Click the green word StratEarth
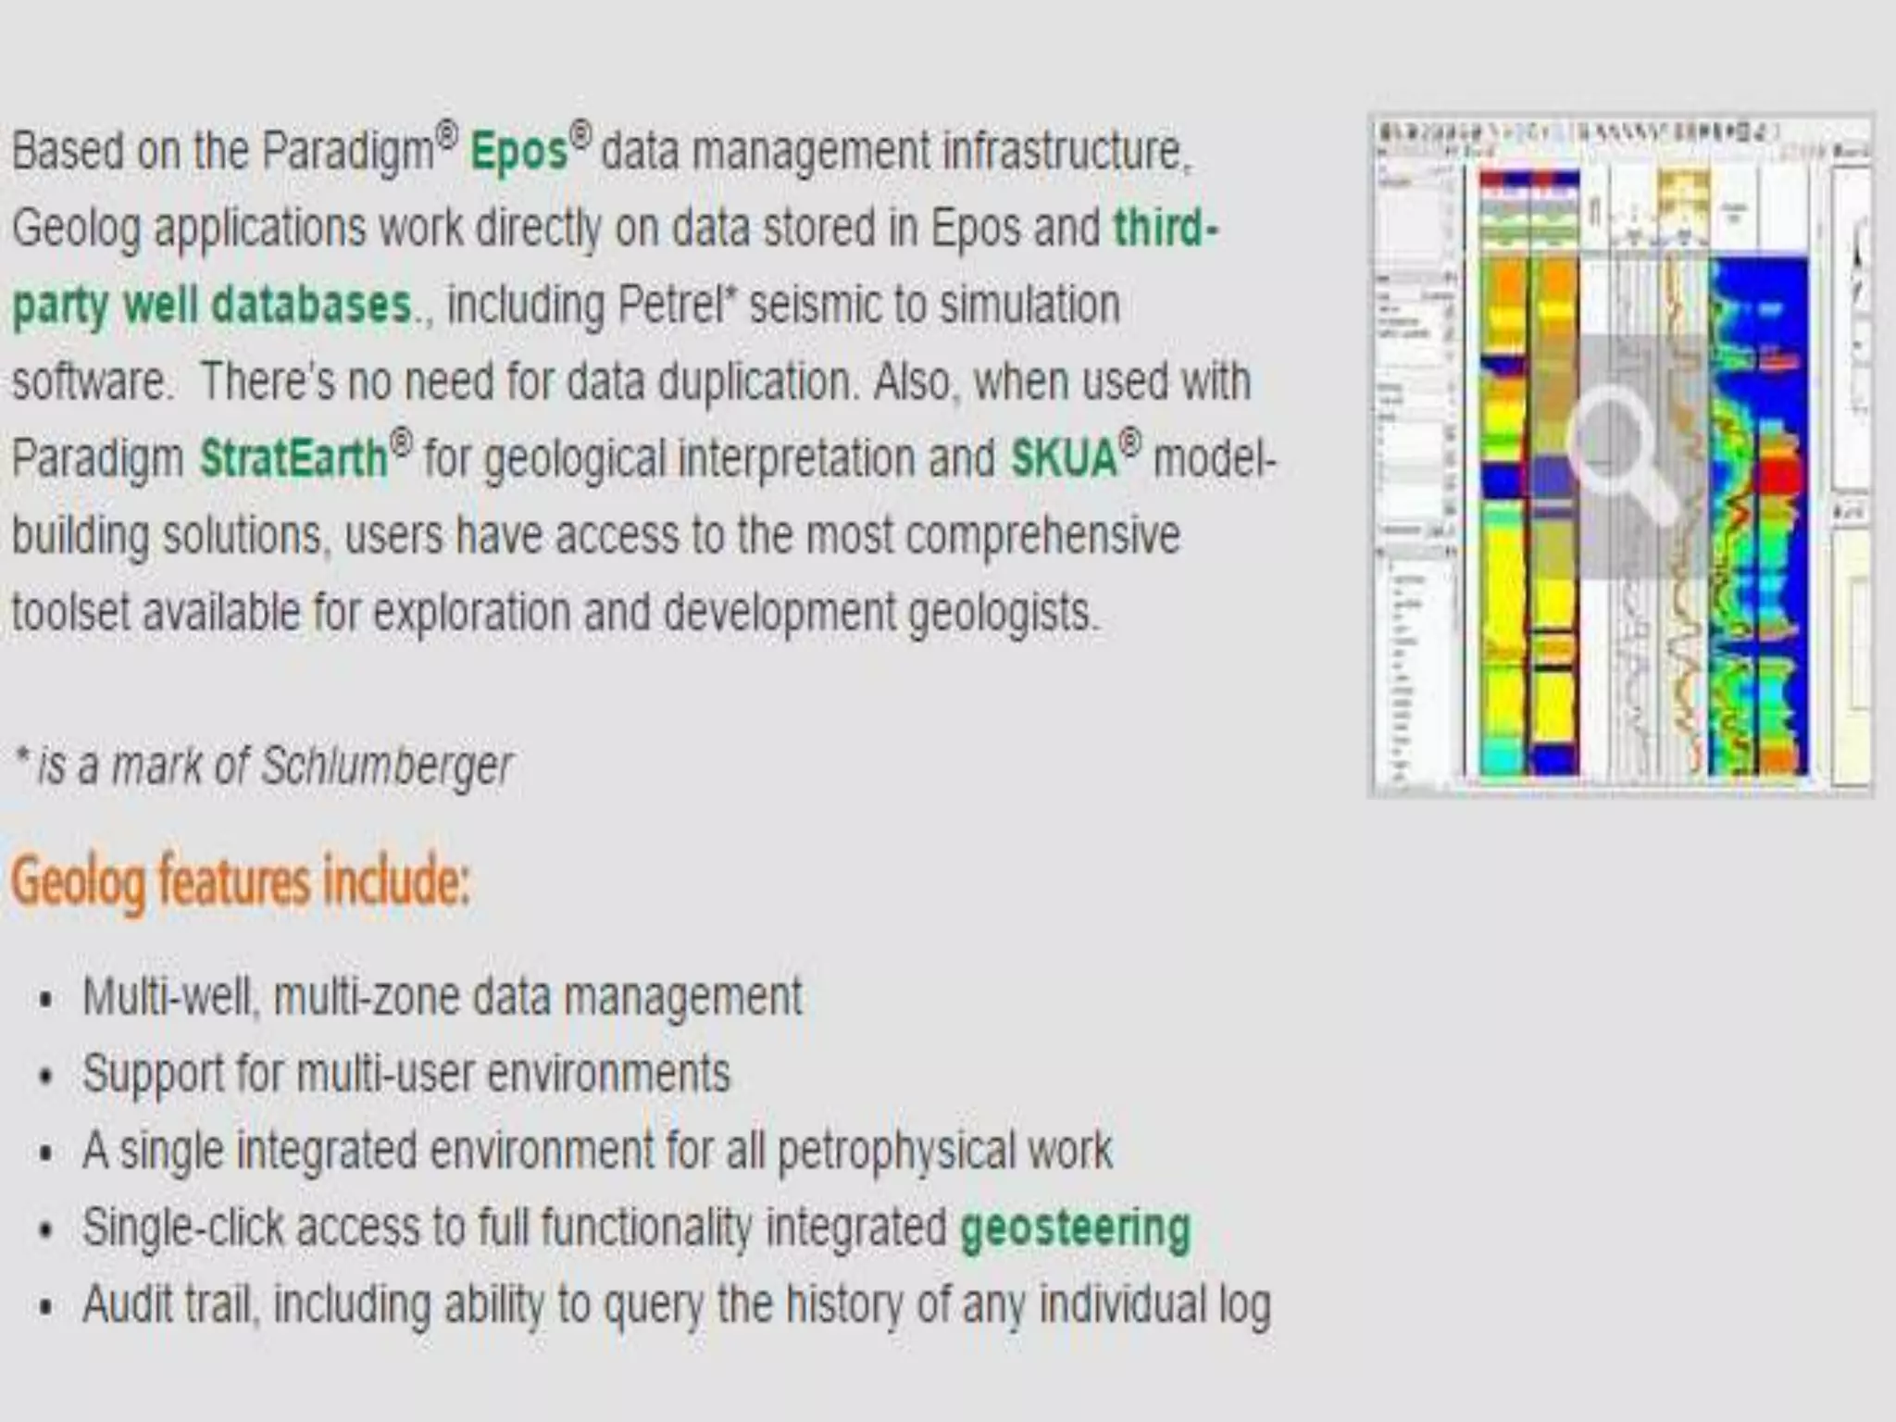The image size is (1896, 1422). point(293,458)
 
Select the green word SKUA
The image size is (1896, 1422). point(1064,458)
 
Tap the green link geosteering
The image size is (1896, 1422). point(1075,1229)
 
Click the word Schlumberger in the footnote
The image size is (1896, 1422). point(386,767)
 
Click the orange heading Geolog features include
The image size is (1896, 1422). point(240,881)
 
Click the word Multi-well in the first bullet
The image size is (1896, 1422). point(167,998)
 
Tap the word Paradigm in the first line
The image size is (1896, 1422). point(347,151)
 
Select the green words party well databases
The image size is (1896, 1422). point(212,305)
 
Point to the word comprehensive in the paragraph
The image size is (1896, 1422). point(1042,535)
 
